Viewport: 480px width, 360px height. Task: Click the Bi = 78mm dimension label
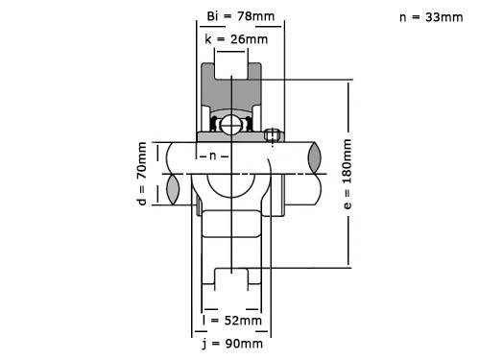[x=241, y=16]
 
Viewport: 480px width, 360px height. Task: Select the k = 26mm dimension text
[x=236, y=39]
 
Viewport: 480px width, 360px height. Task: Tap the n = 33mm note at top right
[x=431, y=17]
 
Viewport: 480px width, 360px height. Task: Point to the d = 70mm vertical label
[x=141, y=174]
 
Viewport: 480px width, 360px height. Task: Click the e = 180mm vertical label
[x=348, y=174]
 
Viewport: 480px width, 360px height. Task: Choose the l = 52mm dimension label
[x=232, y=320]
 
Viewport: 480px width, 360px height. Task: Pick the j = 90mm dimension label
[x=232, y=344]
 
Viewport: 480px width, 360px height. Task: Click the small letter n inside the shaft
[x=213, y=156]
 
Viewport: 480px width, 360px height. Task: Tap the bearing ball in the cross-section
[x=231, y=125]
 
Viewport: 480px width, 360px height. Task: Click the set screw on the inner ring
[x=272, y=134]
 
